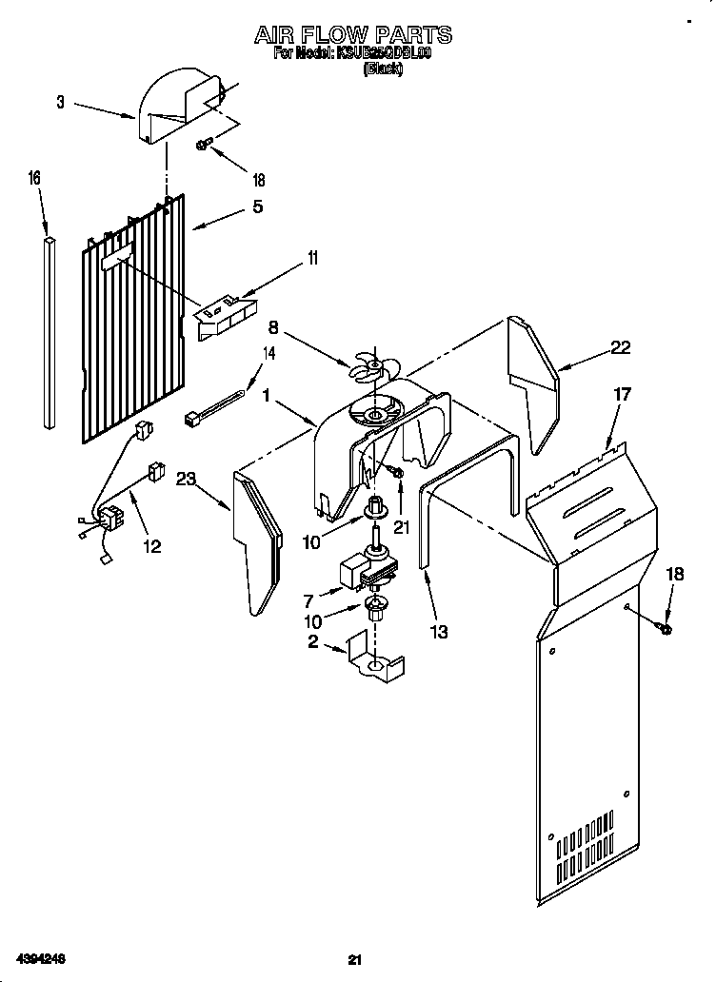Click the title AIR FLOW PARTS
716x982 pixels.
pyautogui.click(x=353, y=35)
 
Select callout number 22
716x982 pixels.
pyautogui.click(x=620, y=348)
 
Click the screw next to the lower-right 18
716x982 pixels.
pyautogui.click(x=665, y=628)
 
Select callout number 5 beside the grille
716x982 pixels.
pyautogui.click(x=257, y=206)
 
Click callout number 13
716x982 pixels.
pyautogui.click(x=439, y=631)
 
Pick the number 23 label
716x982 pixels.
pyautogui.click(x=186, y=481)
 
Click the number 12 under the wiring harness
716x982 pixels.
pyautogui.click(x=150, y=546)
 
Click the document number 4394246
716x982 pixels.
pyautogui.click(x=40, y=955)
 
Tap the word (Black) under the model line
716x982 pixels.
pyautogui.click(x=383, y=69)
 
